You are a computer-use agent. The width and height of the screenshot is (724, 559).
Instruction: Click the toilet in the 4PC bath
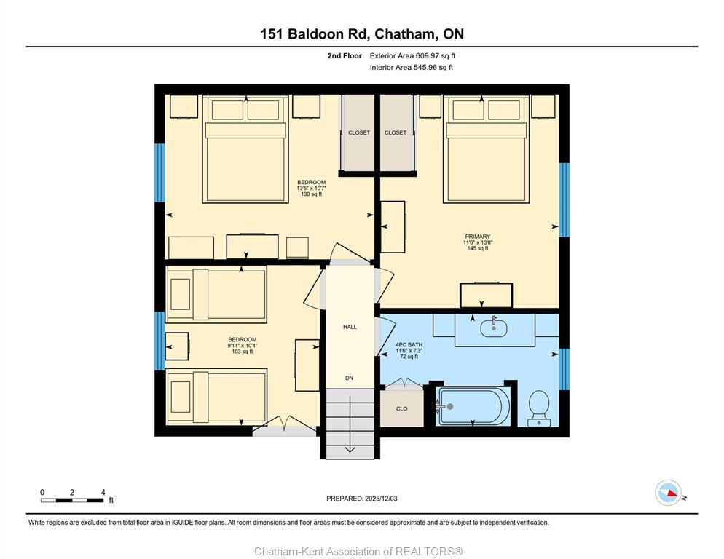[x=539, y=408]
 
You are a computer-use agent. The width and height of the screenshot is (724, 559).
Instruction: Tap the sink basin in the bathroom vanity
[x=494, y=328]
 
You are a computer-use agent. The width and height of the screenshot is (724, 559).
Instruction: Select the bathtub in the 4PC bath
[x=473, y=407]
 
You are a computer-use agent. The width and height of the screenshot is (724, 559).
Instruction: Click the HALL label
[x=350, y=327]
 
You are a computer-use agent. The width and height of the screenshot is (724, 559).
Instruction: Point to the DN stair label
[x=349, y=378]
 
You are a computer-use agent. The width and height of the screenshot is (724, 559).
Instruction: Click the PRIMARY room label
[x=477, y=237]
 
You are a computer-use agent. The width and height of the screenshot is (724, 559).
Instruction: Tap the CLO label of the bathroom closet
[x=402, y=408]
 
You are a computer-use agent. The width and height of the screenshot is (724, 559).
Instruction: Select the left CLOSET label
[x=359, y=132]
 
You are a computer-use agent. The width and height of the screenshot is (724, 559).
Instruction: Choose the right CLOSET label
[x=396, y=132]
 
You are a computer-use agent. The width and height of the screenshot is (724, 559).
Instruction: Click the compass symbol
[x=668, y=493]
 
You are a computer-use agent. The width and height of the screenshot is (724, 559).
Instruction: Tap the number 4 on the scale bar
[x=103, y=492]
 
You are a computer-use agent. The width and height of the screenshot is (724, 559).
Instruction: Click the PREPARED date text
[x=361, y=499]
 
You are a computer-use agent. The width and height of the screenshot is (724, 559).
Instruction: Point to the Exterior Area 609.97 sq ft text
[x=412, y=56]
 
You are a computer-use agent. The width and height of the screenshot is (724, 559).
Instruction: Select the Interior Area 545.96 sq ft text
[x=411, y=68]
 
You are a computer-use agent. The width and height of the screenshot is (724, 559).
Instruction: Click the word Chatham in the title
[x=404, y=33]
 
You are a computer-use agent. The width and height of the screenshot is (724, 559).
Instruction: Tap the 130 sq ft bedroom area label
[x=312, y=194]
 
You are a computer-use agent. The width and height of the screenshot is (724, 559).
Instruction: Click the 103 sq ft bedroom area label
[x=243, y=352]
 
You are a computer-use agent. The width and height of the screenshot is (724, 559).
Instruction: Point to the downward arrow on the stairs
[x=350, y=424]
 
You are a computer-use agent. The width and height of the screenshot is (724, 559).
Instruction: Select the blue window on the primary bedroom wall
[x=564, y=200]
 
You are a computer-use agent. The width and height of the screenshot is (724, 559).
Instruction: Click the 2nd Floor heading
[x=345, y=56]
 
